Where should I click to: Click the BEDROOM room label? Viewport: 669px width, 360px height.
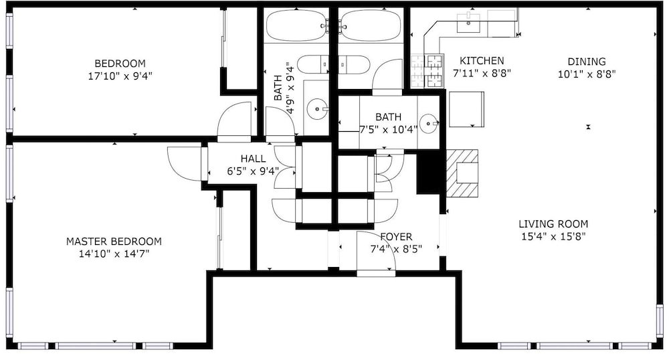pos(120,64)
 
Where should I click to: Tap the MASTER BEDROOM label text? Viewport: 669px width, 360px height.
pos(114,242)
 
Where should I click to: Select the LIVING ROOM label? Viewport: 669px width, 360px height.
pos(553,224)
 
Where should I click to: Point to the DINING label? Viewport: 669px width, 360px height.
pos(587,62)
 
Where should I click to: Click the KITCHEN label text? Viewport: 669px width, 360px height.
pos(482,61)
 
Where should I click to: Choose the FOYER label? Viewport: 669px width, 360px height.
pos(396,237)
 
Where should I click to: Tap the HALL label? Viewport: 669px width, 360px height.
pos(253,159)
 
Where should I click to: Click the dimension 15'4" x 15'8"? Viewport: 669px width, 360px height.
pos(553,237)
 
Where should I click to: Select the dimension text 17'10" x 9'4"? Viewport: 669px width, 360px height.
pos(120,76)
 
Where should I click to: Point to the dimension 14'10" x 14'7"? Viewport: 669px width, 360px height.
pos(114,254)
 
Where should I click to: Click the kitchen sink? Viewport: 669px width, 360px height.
pos(468,23)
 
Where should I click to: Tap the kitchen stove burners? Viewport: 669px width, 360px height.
pos(427,70)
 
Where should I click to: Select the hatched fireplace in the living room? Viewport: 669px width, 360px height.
pos(462,173)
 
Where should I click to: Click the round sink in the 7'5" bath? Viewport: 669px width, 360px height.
pos(428,124)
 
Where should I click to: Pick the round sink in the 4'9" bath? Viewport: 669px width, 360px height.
pos(317,109)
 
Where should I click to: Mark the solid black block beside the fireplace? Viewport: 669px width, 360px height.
pos(429,173)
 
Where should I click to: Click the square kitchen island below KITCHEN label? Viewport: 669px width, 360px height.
pos(466,109)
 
